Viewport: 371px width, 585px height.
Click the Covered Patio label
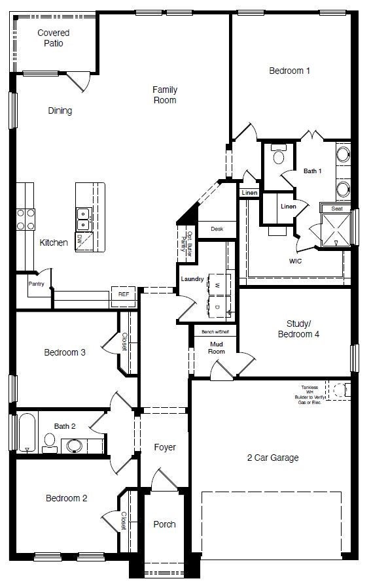[x=54, y=38]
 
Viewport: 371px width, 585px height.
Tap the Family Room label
[x=165, y=95]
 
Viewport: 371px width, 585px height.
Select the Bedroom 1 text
[x=289, y=71]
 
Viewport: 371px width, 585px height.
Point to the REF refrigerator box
[x=123, y=295]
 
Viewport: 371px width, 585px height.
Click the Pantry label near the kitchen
[x=36, y=284]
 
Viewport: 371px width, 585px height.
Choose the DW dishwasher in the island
[x=80, y=240]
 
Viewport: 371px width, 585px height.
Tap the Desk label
[x=217, y=229]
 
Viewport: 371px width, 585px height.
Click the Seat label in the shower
[x=336, y=209]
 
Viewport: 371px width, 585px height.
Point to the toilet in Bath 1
[x=278, y=156]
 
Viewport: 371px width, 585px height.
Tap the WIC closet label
[x=295, y=261]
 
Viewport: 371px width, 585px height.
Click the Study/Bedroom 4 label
[x=303, y=329]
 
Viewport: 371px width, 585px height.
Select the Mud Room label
[x=217, y=348]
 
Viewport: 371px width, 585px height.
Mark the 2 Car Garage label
[x=273, y=458]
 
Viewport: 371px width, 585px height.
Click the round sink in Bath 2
[x=74, y=446]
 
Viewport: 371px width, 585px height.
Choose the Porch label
[x=164, y=524]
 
